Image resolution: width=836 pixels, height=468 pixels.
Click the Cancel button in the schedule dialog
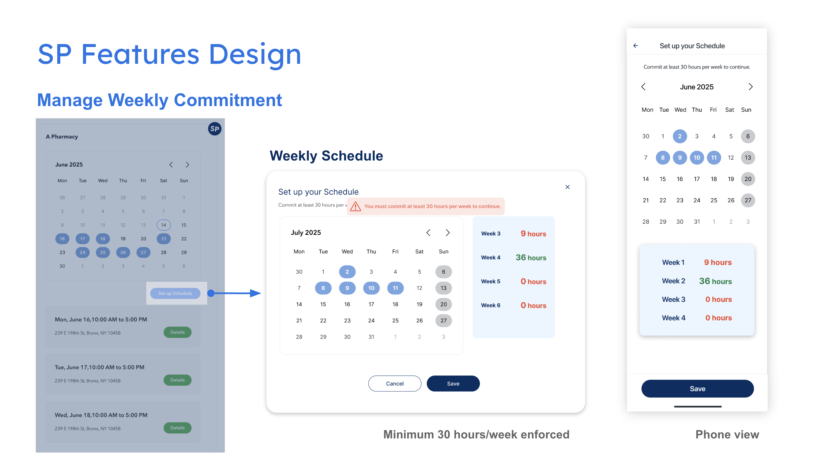[395, 383]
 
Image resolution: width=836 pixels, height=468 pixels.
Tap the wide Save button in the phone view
[697, 388]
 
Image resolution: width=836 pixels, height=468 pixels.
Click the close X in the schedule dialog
[567, 187]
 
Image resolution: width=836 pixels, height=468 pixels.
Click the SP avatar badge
[215, 129]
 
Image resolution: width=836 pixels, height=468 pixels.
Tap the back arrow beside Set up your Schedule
[636, 46]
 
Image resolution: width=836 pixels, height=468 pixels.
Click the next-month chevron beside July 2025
[448, 233]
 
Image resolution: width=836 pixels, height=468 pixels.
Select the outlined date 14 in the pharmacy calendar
[164, 225]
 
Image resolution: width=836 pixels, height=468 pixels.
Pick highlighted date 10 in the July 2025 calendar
[371, 288]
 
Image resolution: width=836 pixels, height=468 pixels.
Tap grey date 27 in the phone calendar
[748, 200]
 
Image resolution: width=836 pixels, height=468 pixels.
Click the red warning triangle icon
[355, 206]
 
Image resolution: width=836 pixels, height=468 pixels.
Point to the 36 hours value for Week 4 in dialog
[531, 257]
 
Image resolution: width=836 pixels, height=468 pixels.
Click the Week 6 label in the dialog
[491, 305]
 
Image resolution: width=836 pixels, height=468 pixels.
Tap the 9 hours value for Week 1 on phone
[718, 262]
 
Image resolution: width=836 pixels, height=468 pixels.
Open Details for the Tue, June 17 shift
[177, 380]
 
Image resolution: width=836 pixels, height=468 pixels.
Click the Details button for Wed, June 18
[177, 428]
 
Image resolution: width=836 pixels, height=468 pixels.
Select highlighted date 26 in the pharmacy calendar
[123, 252]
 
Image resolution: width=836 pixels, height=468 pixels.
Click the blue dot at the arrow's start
[211, 293]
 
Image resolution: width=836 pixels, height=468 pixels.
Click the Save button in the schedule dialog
[453, 383]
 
